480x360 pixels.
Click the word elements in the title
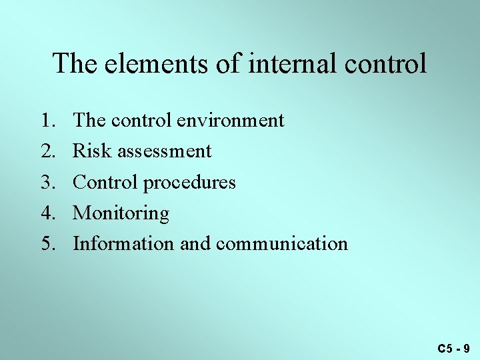(139, 64)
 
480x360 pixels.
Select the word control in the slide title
(387, 64)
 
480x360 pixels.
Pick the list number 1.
(48, 121)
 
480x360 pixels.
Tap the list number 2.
(48, 151)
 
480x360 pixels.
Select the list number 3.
(48, 182)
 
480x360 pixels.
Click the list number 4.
(48, 213)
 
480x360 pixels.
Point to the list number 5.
(48, 244)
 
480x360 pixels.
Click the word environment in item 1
(231, 121)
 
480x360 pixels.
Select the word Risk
(92, 151)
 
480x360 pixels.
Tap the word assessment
(164, 152)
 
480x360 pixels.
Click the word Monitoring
(121, 213)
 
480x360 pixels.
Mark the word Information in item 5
(123, 244)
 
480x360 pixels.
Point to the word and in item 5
(195, 244)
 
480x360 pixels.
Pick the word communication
(281, 244)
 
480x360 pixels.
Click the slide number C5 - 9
(454, 348)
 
